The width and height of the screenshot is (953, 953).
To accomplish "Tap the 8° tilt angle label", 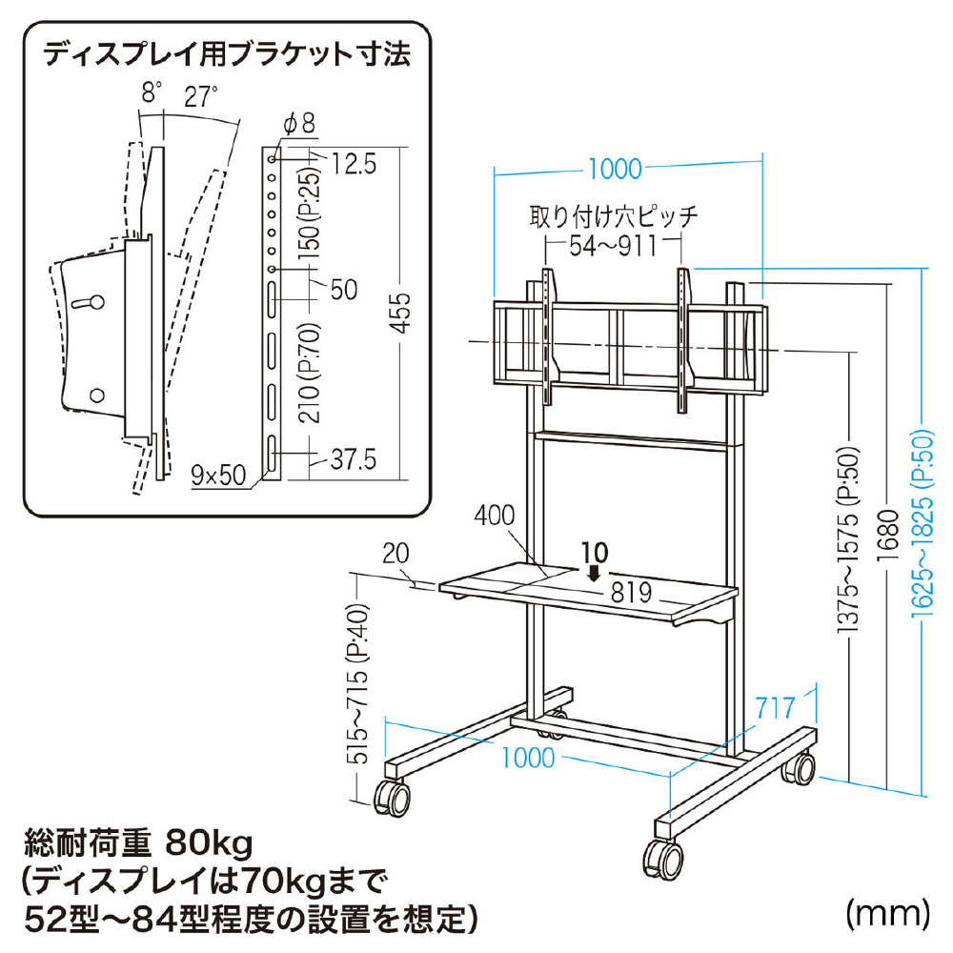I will (152, 94).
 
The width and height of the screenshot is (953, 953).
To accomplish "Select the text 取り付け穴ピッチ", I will (614, 215).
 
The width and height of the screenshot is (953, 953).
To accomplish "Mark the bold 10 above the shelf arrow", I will (594, 551).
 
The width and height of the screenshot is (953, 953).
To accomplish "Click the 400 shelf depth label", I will (495, 516).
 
